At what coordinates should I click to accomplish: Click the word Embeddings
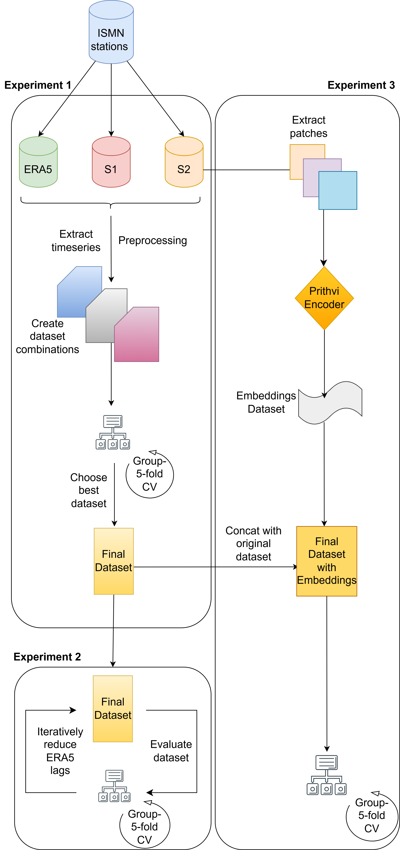pos(327,580)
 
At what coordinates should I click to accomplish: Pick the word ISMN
pos(111,33)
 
